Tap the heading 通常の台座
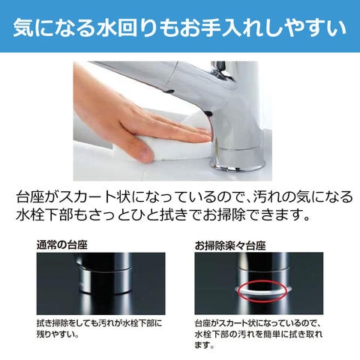tap(62, 245)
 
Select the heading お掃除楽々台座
tap(230, 246)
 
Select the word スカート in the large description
tap(87, 197)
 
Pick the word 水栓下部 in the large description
tap(44, 214)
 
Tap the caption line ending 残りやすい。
tap(58, 334)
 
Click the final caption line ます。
tap(205, 345)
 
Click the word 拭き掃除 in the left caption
tap(52, 323)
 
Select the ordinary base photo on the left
tap(100, 283)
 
